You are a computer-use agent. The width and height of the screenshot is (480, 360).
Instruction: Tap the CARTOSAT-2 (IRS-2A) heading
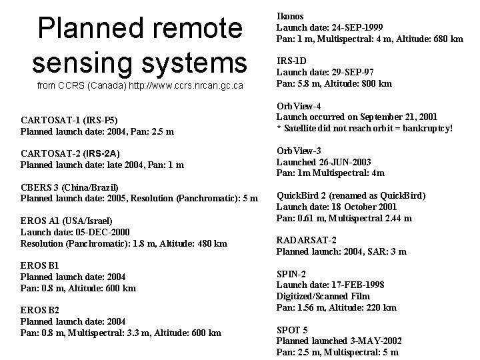click(x=71, y=153)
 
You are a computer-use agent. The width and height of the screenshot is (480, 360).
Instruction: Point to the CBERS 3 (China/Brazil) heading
click(x=69, y=187)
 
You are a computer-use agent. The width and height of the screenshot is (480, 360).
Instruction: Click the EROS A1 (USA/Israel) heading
click(x=67, y=221)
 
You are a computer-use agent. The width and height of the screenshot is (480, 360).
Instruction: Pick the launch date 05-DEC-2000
click(x=110, y=232)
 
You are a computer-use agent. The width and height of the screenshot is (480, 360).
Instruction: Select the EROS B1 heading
click(x=40, y=265)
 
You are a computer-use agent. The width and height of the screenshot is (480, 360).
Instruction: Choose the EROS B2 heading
click(x=40, y=310)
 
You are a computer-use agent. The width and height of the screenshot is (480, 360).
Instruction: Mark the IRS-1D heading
click(x=291, y=61)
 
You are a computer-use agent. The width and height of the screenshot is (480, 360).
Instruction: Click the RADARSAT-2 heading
click(x=307, y=241)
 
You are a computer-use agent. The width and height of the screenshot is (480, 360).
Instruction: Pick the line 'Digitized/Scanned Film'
click(x=323, y=296)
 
